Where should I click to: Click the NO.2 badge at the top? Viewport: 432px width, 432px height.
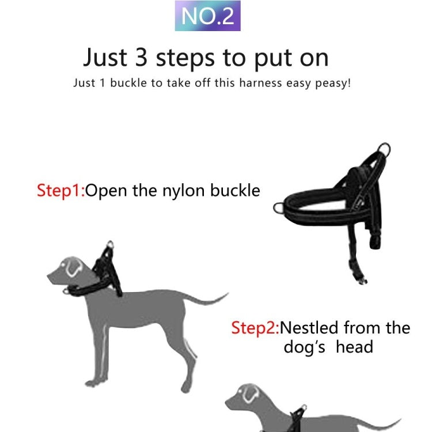(x=208, y=16)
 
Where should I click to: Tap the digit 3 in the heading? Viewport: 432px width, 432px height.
(x=144, y=58)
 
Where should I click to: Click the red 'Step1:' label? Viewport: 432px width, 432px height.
(x=60, y=191)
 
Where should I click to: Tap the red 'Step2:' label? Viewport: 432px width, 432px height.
(x=255, y=328)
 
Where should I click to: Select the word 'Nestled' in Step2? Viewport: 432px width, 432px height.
(x=309, y=328)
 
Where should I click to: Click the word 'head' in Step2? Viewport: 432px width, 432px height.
(x=354, y=347)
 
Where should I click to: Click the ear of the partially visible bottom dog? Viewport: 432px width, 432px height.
(x=249, y=395)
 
